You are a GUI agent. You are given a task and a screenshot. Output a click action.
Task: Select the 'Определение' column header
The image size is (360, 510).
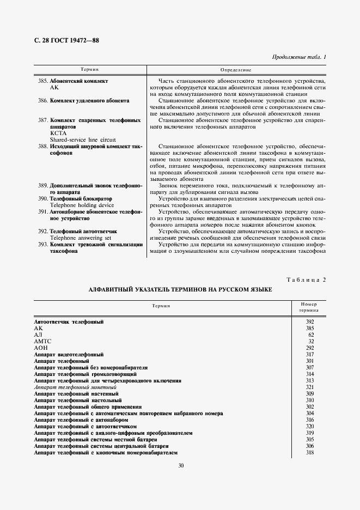point(236,70)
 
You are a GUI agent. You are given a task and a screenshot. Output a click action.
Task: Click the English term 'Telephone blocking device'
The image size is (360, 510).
point(82,205)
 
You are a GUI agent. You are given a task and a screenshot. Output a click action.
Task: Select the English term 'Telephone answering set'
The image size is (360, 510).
point(80,238)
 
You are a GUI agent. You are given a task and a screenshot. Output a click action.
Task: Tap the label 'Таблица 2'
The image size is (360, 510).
point(306,280)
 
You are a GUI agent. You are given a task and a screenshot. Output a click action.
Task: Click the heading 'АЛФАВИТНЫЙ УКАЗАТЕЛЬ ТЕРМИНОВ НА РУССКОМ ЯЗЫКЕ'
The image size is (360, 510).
point(180,290)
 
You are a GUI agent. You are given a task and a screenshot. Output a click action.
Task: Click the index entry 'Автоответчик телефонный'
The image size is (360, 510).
point(69,321)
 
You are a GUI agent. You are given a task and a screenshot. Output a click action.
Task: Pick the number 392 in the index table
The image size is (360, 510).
point(310,321)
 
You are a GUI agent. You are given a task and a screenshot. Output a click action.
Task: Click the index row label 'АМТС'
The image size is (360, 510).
point(42,341)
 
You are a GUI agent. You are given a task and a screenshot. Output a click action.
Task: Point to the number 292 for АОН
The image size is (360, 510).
point(310,348)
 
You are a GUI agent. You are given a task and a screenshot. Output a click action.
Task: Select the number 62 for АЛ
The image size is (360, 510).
point(310,335)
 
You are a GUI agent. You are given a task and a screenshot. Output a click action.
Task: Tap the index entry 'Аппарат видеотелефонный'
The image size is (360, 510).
point(69,354)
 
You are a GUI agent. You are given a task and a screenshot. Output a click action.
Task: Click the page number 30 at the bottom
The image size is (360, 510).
point(181,465)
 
